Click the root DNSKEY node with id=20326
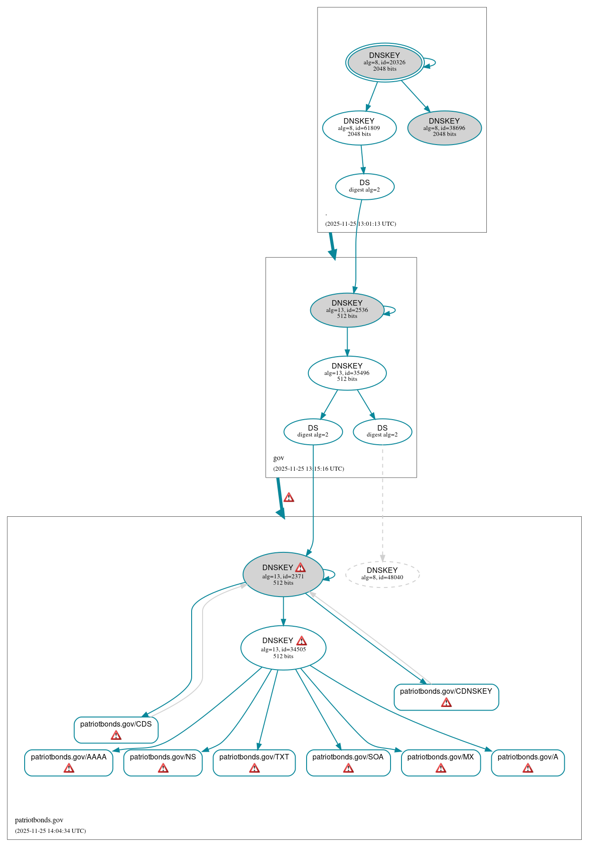[x=385, y=62]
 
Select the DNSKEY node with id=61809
[x=359, y=128]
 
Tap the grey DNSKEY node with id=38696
[x=444, y=128]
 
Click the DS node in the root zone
[x=365, y=186]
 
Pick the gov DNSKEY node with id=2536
[x=347, y=310]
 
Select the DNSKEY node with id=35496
[x=347, y=373]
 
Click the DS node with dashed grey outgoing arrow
[x=382, y=431]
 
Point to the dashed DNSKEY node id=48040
[x=382, y=574]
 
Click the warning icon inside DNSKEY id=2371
[x=300, y=567]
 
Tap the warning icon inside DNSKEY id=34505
[x=302, y=641]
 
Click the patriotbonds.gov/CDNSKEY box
[x=446, y=696]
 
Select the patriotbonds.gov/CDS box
[x=116, y=729]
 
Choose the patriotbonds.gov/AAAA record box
[x=68, y=762]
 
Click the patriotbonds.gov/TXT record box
[x=254, y=762]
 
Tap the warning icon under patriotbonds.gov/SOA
[x=349, y=769]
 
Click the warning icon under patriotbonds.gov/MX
[x=441, y=769]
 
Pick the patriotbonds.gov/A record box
[x=527, y=762]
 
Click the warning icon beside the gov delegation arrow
[x=289, y=498]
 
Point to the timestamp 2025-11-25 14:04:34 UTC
[x=50, y=831]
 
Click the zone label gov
[x=279, y=458]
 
